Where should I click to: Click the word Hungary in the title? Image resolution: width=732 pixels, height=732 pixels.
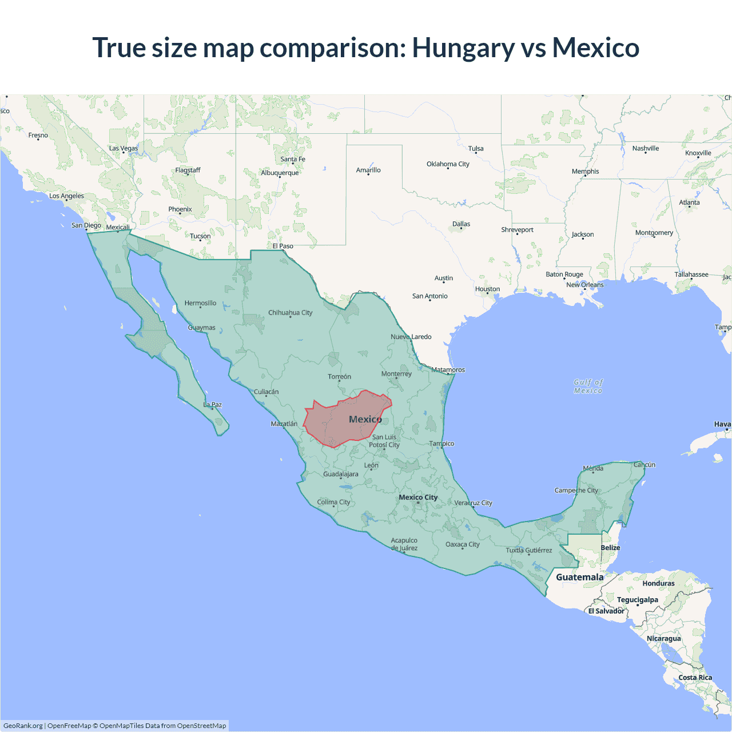pos(463,48)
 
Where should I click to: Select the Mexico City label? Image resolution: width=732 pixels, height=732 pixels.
pos(418,498)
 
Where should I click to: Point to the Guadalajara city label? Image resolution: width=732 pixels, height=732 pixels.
pos(341,474)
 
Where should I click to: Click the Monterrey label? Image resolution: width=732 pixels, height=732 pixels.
pos(396,374)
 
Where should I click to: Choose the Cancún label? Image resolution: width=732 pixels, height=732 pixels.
pos(645,465)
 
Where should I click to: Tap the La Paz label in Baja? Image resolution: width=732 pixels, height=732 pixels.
pos(213,405)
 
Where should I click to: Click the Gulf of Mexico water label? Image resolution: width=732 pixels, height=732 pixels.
pos(588,387)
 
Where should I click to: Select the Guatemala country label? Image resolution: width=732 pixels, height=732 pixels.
pos(579,577)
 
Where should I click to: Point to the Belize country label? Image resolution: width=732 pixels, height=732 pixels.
pos(610,548)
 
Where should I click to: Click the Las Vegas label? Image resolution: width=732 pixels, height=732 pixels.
pos(124,149)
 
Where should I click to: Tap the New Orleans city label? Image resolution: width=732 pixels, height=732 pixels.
pos(584,285)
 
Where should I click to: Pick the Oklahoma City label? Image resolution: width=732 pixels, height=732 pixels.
pos(448,164)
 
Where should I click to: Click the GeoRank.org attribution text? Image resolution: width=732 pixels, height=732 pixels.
pos(23,726)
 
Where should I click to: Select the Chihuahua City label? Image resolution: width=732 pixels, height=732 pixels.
pos(291,313)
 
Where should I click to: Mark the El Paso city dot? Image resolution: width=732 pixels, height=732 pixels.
pos(283,250)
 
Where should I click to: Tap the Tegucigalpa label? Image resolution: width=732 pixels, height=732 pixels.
pos(637,600)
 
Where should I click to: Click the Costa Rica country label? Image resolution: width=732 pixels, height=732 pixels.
pos(695,678)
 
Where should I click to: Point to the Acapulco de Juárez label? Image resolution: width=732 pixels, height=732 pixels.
pos(404,544)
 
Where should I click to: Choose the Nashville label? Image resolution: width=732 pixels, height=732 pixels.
pos(646,149)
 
